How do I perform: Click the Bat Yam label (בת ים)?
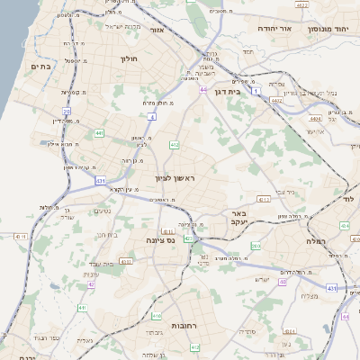(39, 66)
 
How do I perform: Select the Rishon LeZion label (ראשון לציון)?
(175, 179)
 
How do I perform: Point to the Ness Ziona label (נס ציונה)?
(160, 240)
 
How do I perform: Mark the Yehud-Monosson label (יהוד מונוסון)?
(330, 28)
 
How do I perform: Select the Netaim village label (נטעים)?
(103, 210)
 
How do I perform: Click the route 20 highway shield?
(67, 112)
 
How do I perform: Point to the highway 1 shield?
(256, 91)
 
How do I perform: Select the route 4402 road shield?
(276, 101)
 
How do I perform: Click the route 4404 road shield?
(314, 118)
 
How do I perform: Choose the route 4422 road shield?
(302, 5)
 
